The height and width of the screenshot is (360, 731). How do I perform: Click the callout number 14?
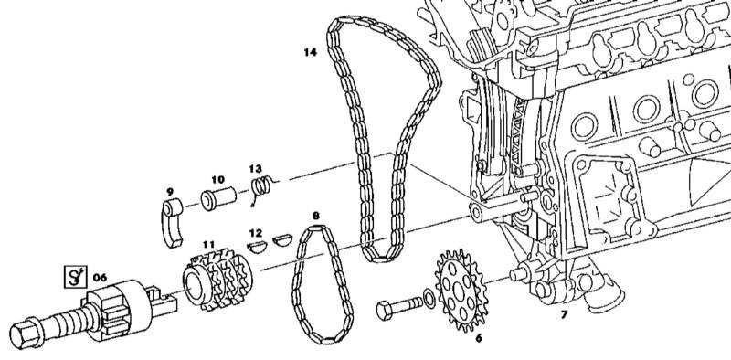point(310,52)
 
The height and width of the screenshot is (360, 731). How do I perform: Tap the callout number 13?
point(256,169)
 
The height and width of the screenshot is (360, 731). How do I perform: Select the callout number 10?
point(217,179)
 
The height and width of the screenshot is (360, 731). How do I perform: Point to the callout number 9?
point(170,192)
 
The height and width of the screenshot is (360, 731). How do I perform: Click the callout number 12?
point(256,233)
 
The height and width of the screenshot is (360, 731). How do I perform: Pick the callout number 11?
point(209,244)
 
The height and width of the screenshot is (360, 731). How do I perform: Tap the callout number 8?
point(316,216)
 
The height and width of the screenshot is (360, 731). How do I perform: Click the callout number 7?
point(564,314)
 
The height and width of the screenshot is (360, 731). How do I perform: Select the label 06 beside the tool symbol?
point(100,278)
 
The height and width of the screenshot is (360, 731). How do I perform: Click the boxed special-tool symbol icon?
point(75,277)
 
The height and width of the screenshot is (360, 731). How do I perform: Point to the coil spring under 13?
point(262,187)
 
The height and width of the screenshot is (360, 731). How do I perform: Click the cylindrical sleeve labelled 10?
point(218,197)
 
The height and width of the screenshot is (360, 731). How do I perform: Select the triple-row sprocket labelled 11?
point(217,279)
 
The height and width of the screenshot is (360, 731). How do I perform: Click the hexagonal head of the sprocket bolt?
point(385,310)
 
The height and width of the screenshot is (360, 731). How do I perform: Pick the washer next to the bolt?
point(429,299)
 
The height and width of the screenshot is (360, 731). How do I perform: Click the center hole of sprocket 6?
point(459,291)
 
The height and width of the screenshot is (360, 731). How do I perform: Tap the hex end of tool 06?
point(22,335)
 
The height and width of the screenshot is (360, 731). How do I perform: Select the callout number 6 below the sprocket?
point(478,338)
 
